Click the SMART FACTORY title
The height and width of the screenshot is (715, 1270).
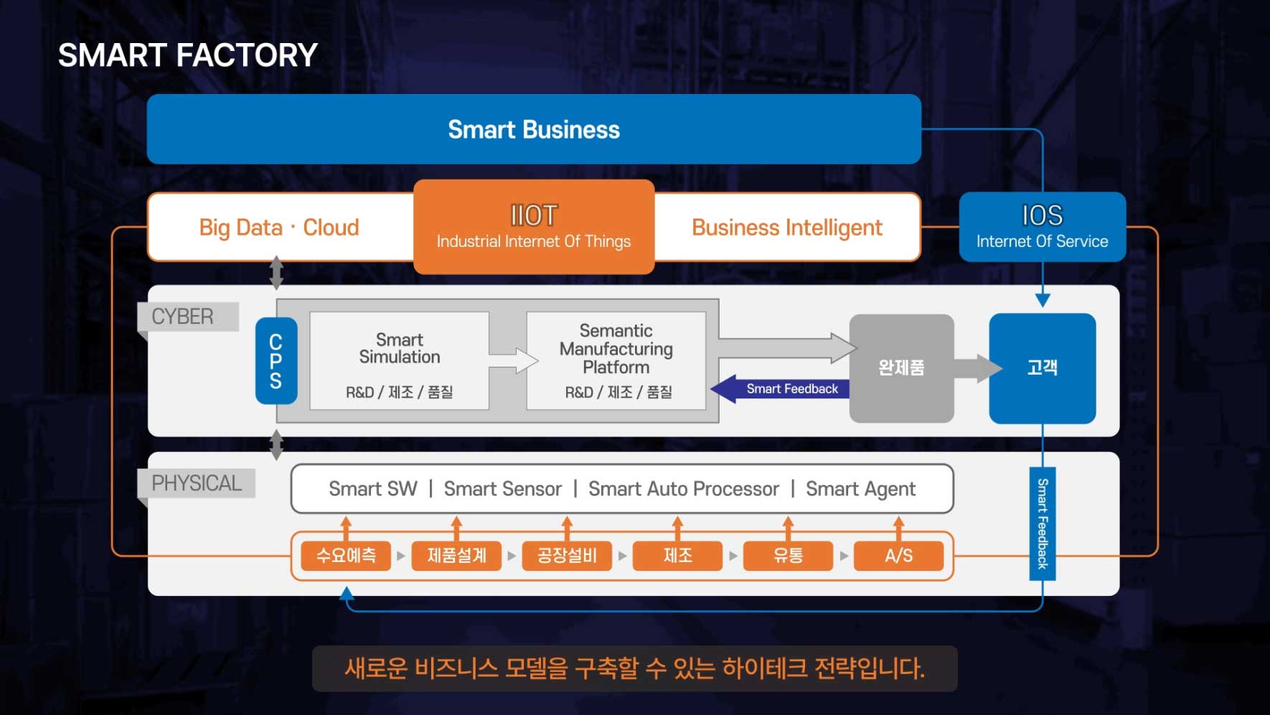point(187,56)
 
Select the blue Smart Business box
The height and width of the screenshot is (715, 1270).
point(534,129)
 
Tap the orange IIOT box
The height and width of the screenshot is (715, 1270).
point(534,227)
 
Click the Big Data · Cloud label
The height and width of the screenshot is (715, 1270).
point(279,228)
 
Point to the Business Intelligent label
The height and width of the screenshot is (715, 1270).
point(787,228)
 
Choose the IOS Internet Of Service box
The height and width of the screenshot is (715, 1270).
point(1042,227)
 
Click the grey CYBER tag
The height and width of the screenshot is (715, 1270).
point(184,317)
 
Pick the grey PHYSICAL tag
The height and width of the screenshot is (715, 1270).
point(197,483)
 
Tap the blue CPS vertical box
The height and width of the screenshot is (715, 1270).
point(276,360)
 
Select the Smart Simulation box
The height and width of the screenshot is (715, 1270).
point(400,360)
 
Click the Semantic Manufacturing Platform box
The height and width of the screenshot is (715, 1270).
point(616,360)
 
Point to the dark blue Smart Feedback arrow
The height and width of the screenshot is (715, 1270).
point(782,388)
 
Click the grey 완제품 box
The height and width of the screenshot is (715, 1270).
point(901,368)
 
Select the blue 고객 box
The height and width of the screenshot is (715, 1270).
point(1042,368)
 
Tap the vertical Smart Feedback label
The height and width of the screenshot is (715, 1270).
point(1043,523)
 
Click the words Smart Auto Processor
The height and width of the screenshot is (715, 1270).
point(683,489)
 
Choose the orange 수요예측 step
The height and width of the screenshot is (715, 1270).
point(346,556)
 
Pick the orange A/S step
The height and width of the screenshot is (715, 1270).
point(898,556)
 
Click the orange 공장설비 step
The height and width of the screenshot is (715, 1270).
point(567,556)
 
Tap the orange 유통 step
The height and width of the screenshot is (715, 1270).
point(788,556)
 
